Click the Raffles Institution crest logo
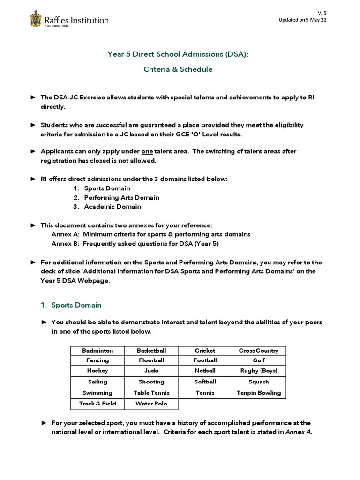[x=35, y=20]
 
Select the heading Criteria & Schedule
[x=178, y=69]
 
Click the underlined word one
[x=147, y=151]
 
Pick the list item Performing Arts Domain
[x=121, y=197]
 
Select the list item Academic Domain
[x=112, y=206]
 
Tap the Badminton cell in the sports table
[x=97, y=350]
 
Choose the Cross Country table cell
[x=258, y=350]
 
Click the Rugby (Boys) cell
[x=258, y=370]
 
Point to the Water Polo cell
[x=151, y=403]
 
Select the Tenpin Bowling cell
[x=258, y=393]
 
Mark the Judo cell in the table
[x=151, y=370]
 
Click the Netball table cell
[x=205, y=370]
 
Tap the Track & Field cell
[x=97, y=403]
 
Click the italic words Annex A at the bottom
[x=298, y=432]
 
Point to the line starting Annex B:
[x=135, y=243]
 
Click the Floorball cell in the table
[x=151, y=360]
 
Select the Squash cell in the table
[x=258, y=382]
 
